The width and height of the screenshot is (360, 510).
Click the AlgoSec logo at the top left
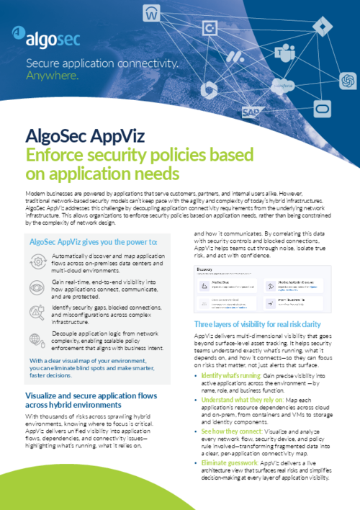[x=47, y=34]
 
